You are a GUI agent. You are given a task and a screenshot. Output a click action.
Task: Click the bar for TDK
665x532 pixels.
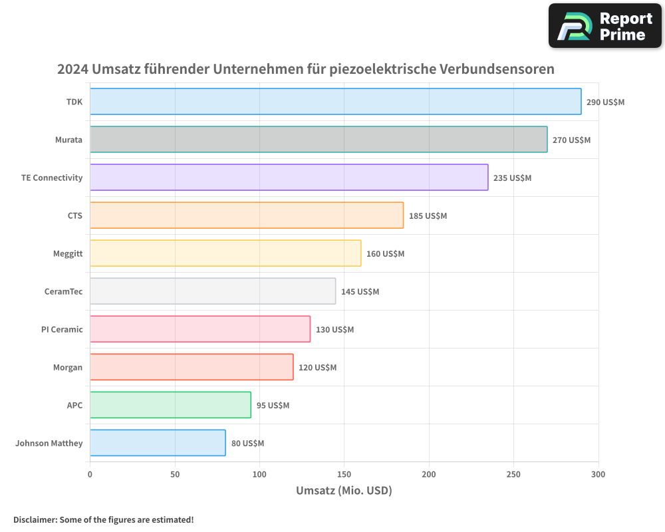coord(335,102)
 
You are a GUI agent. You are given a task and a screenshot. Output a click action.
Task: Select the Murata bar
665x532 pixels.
coord(319,140)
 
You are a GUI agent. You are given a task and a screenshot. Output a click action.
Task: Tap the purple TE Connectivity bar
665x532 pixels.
coord(289,178)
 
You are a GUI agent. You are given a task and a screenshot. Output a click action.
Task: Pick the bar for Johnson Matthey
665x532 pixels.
coord(158,443)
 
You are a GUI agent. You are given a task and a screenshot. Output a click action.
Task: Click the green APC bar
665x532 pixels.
coord(170,405)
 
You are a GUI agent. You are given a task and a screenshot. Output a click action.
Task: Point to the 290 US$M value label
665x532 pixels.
coord(605,102)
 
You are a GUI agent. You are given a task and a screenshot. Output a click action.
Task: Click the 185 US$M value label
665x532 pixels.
coord(428,216)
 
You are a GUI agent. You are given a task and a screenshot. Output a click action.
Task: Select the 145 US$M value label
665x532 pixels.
coord(360,292)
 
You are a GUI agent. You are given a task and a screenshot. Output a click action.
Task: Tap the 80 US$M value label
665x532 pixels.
coord(247,444)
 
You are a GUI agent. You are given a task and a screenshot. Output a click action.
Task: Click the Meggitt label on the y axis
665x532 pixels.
coord(68,253)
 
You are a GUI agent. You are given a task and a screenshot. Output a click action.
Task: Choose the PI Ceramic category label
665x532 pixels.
coord(62,329)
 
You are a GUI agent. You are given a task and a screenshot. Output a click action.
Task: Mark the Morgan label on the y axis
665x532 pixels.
coord(68,367)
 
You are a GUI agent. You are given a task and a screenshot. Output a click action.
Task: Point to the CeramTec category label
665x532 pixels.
coord(63,291)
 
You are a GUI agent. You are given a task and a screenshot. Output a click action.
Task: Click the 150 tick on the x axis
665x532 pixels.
coord(344,474)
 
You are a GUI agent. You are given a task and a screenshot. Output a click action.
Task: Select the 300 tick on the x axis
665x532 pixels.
coord(598,474)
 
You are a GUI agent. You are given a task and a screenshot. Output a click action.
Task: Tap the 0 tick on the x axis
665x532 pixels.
coord(90,474)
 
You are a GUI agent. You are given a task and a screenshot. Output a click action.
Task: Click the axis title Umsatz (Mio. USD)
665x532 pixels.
coord(344,491)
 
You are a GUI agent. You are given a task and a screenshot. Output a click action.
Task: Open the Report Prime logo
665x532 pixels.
coord(604,26)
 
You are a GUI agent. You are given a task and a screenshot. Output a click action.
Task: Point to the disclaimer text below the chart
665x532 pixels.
coord(104,519)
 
